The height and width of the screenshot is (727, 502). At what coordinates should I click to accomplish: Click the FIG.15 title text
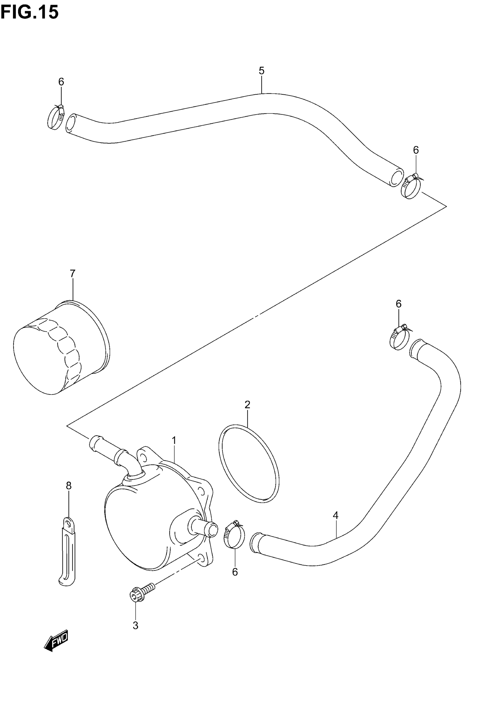[30, 13]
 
